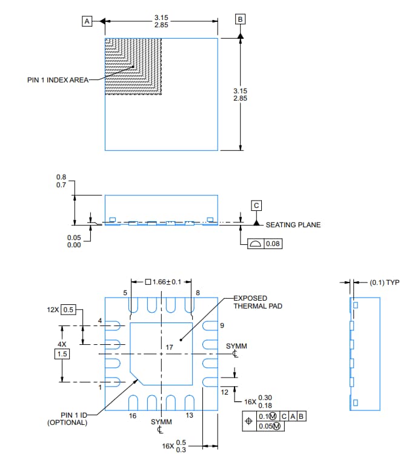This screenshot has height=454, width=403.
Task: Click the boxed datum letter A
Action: pos(87,21)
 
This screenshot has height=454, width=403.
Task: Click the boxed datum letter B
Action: pos(241,20)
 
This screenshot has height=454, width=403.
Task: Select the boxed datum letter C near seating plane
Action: pos(256,205)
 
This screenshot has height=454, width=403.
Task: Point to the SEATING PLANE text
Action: pos(293,225)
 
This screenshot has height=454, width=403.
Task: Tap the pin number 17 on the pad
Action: pos(169,347)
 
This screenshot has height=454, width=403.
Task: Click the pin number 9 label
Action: pos(222,325)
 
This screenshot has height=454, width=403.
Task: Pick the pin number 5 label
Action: pos(125,293)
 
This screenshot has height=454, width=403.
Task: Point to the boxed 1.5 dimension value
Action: pos(62,353)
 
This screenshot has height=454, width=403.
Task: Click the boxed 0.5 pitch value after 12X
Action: pos(68,310)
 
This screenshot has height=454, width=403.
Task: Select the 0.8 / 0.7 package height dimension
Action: pos(61,181)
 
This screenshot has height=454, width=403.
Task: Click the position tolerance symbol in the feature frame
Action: pos(247,421)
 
